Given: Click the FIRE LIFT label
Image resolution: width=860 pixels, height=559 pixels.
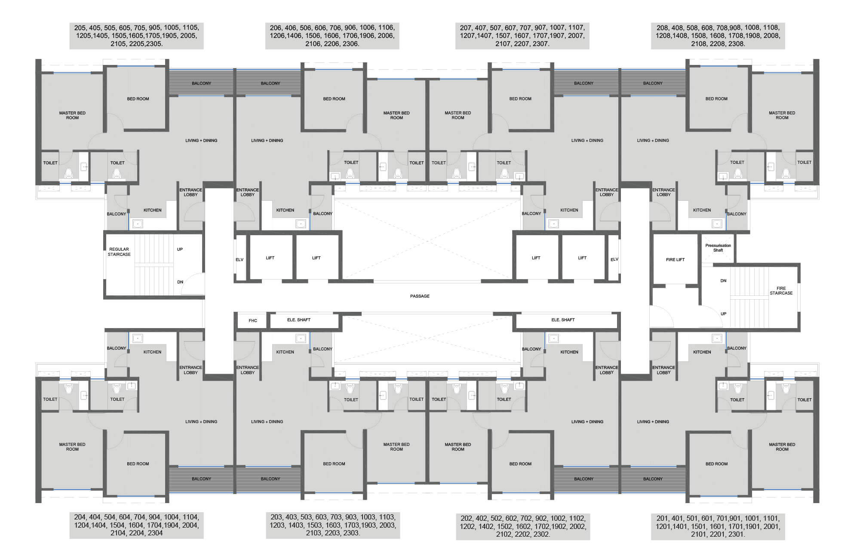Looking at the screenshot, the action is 675,260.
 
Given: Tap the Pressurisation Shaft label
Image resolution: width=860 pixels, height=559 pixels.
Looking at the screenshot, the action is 718,248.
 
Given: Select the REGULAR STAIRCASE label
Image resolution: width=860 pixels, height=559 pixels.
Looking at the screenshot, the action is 119,252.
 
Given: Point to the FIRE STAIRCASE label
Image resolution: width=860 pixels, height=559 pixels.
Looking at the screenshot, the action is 781,291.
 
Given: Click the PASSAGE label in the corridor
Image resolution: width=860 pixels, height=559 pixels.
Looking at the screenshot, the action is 420,296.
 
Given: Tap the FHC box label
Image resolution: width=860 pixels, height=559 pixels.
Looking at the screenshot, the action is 253,321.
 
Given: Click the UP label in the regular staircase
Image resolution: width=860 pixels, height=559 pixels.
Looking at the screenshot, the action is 180,249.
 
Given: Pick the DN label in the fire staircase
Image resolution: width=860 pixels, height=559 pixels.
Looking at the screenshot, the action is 723,281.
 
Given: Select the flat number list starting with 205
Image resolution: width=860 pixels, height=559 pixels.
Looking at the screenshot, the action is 137,36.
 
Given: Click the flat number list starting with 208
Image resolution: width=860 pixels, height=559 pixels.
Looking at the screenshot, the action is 718,36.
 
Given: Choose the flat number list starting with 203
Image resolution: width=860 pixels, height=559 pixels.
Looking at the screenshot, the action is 333,525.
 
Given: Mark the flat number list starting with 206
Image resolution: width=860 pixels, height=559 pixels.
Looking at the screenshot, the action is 332,36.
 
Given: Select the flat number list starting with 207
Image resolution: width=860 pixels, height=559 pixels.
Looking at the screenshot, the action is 522,36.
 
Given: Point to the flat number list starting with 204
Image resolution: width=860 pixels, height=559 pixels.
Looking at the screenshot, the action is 137,525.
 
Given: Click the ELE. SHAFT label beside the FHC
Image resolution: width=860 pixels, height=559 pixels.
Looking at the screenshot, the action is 298,320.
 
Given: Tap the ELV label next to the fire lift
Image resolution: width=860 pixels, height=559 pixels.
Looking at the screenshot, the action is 614,259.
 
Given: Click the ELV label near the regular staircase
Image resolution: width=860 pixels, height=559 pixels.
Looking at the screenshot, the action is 240,260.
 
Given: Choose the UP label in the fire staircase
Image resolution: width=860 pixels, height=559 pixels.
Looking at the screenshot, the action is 723,314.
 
